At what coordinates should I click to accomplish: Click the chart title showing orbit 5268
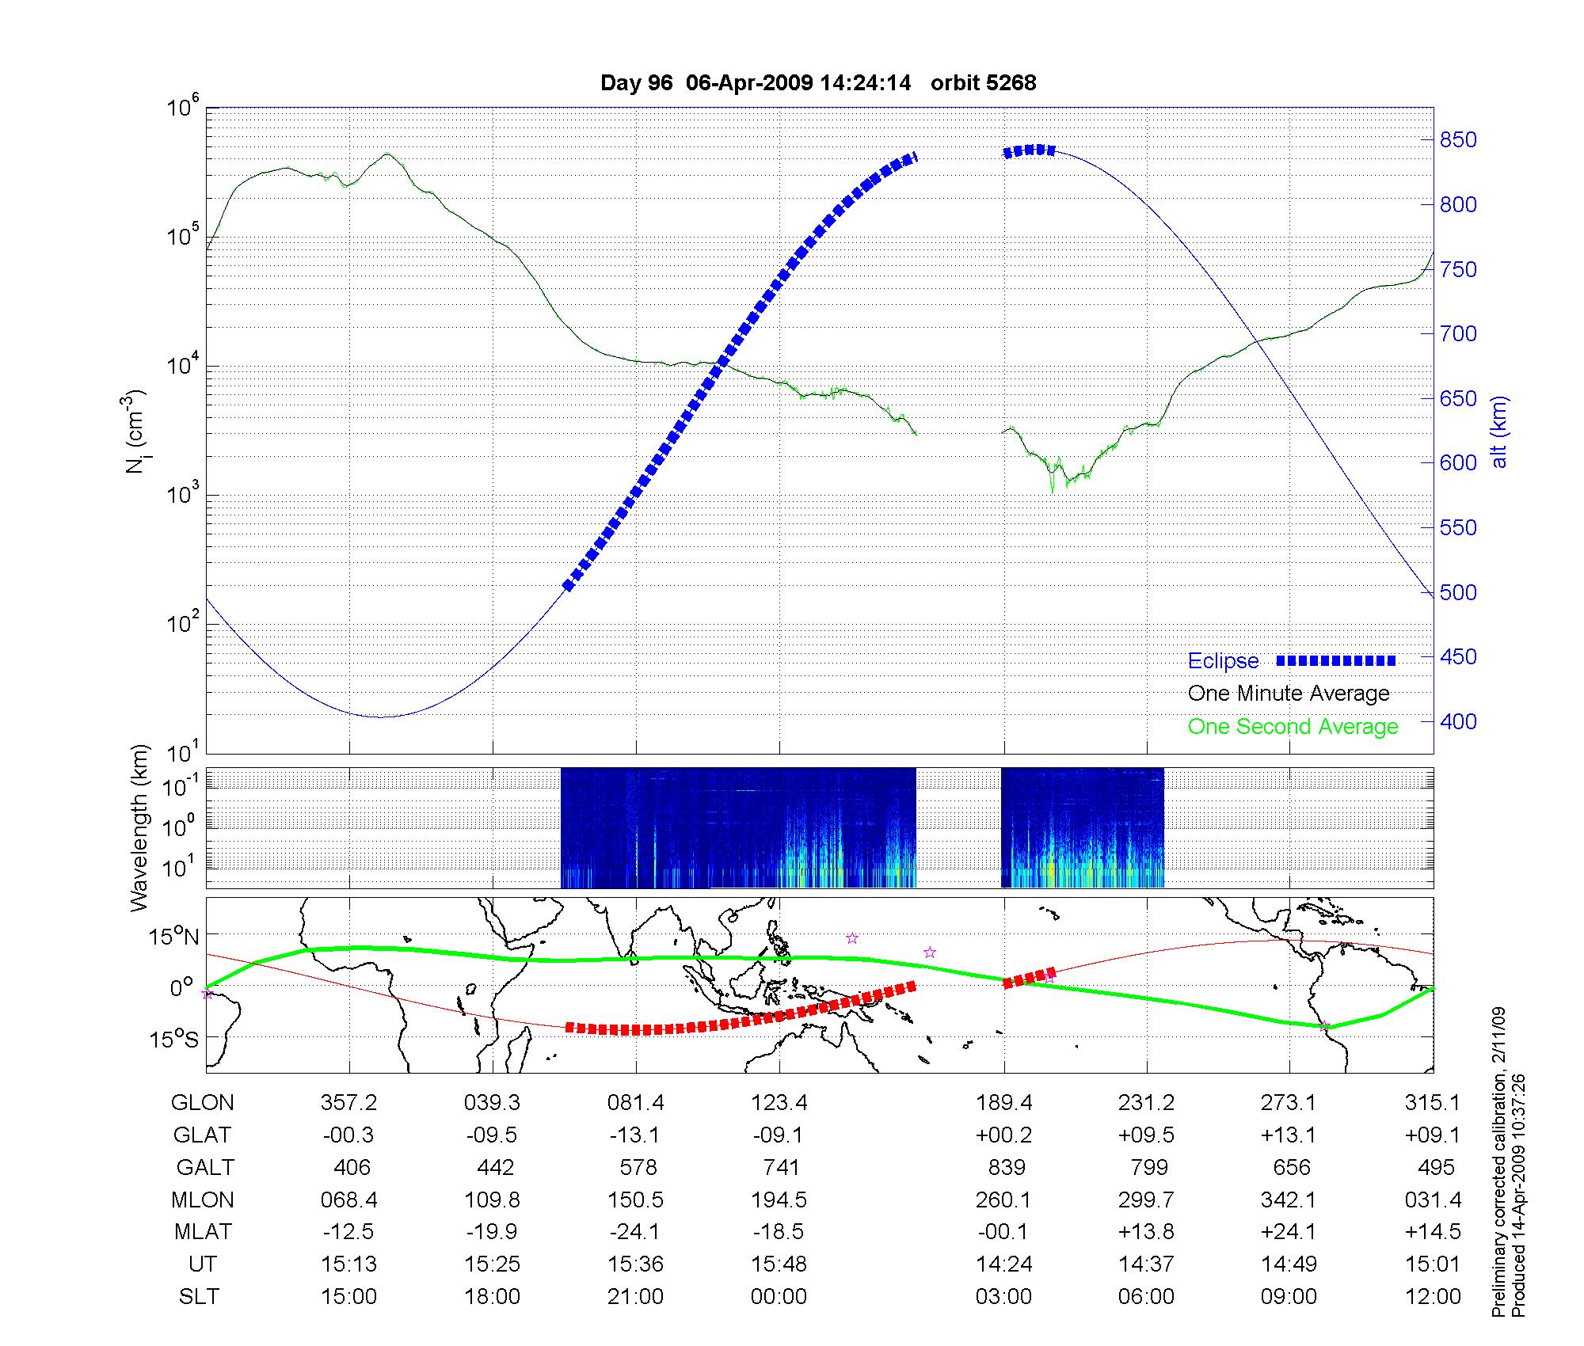click(x=818, y=83)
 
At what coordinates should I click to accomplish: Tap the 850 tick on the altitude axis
click(x=1458, y=140)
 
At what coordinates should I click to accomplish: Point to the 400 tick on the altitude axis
click(x=1458, y=721)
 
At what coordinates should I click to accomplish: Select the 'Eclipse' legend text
click(x=1223, y=661)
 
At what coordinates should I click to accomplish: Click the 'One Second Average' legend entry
click(x=1293, y=727)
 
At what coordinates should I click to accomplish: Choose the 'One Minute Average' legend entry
click(x=1289, y=694)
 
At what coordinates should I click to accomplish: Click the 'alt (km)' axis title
click(x=1499, y=432)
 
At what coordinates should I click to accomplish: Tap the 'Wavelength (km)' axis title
click(x=139, y=827)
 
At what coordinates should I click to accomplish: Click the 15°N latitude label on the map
click(x=174, y=937)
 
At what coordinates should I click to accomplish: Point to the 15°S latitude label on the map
click(x=174, y=1038)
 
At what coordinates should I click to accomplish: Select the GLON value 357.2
click(x=348, y=1103)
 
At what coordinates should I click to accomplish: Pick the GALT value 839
click(x=1007, y=1168)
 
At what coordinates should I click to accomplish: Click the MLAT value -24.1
click(x=634, y=1232)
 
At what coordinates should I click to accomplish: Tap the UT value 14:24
click(x=1004, y=1264)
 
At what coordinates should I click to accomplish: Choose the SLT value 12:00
click(x=1433, y=1297)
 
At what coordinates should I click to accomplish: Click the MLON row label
click(x=203, y=1200)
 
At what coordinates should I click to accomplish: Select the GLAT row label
click(x=202, y=1135)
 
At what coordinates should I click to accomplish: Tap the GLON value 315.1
click(x=1433, y=1103)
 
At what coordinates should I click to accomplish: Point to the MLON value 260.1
click(x=1003, y=1200)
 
